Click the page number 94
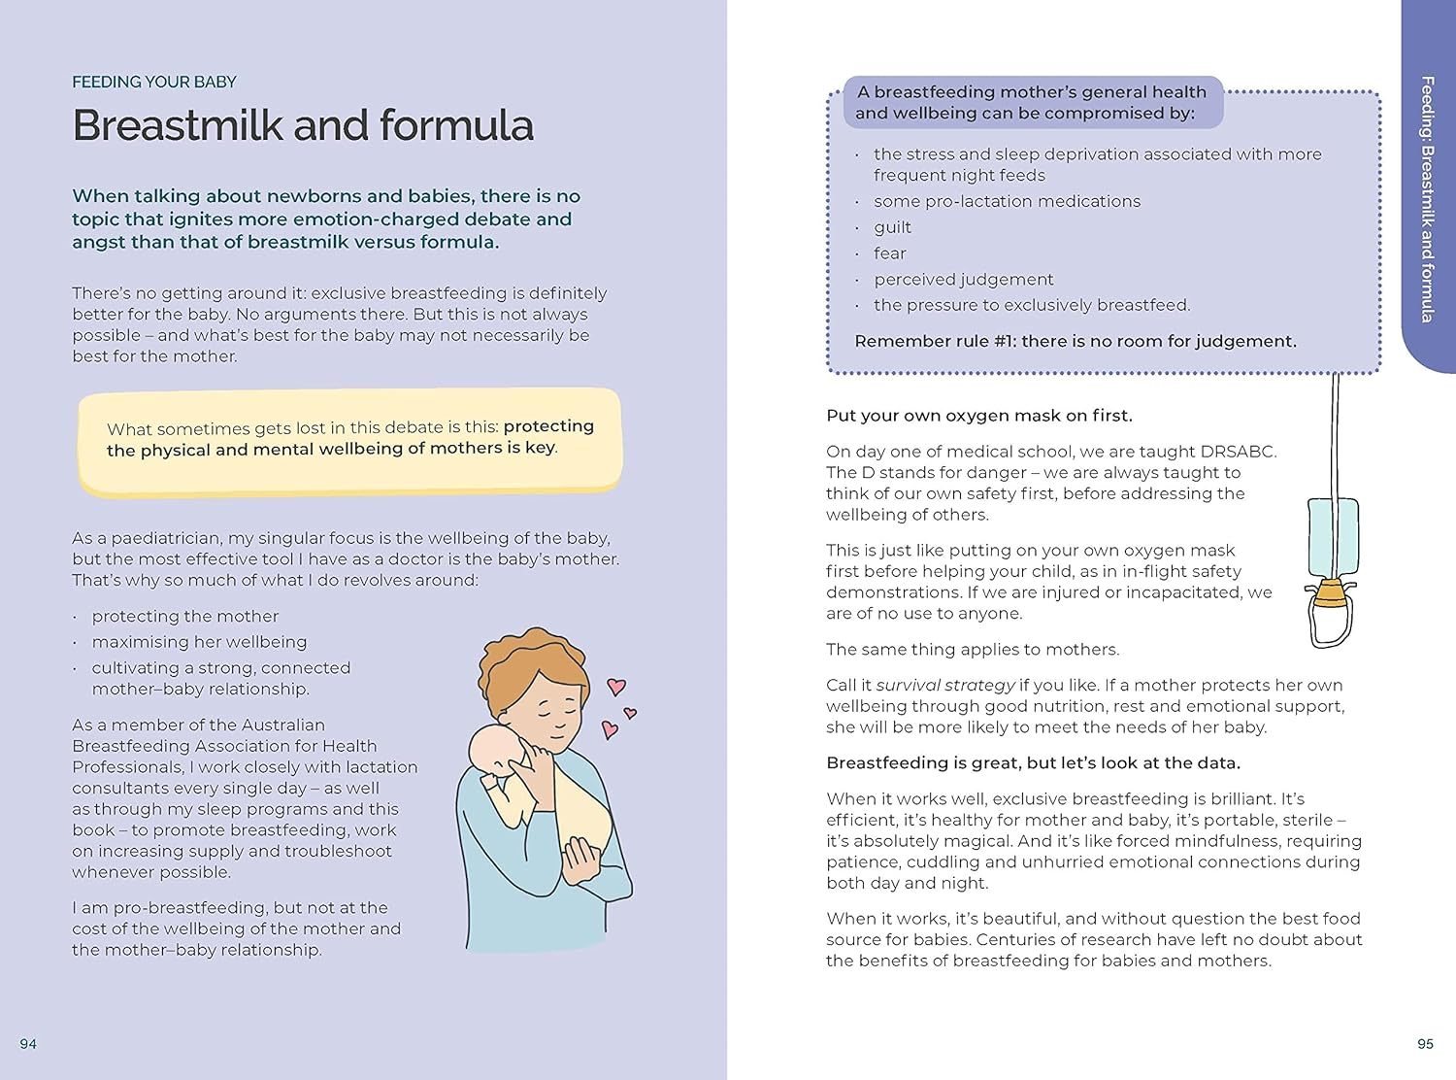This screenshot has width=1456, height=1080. coord(28,1044)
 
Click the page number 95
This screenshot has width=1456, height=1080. coord(1425,1044)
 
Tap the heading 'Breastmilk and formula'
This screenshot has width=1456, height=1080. coord(303,126)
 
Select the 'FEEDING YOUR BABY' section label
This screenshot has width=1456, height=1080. coord(154,83)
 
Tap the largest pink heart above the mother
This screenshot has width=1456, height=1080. coord(615,687)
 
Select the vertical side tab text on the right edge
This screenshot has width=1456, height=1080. coord(1427,199)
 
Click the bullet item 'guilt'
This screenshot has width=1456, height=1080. coord(892,227)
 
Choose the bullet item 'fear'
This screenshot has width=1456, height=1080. coord(889,253)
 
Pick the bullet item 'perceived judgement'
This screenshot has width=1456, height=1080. coord(963,280)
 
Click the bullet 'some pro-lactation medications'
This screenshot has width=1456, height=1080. coord(1007,201)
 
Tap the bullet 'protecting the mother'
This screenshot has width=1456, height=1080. coord(184,617)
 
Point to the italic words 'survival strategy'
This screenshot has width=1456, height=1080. coord(945,686)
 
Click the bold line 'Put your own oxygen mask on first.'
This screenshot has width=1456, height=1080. coord(979,416)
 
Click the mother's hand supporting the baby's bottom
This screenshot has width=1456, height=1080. coord(584,861)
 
